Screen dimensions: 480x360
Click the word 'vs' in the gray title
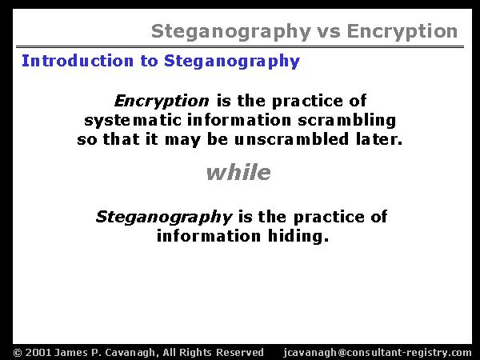coord(328,32)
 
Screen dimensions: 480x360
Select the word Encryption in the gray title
coord(402,32)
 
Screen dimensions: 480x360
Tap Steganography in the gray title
coord(231,32)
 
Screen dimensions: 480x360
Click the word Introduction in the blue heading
coord(78,61)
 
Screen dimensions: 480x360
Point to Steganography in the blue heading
coord(232,62)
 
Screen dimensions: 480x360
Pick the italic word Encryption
coord(162,101)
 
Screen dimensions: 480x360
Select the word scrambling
coord(347,120)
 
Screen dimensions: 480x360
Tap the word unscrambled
coord(291,139)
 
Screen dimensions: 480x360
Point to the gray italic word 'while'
coord(238,172)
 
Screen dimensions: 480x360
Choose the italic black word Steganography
coord(164,217)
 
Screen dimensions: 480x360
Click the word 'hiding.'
coord(298,236)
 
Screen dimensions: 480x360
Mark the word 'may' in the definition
coord(182,140)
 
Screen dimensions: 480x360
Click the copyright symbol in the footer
coord(18,353)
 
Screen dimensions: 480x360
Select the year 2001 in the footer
coord(38,353)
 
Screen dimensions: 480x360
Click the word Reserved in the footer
coord(240,352)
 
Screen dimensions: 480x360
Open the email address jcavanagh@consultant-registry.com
coord(378,353)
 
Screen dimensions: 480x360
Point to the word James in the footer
coord(69,353)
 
